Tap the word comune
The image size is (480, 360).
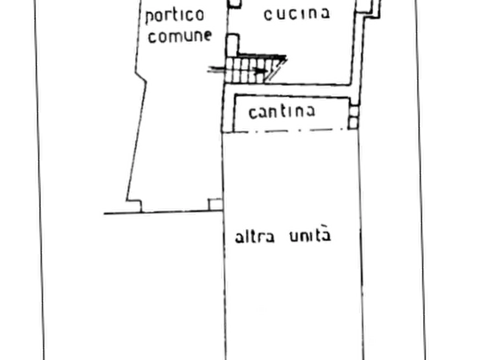pos(180,36)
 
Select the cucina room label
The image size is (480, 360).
pos(297,14)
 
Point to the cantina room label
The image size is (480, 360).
pos(282,112)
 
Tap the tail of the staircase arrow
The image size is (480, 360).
pos(209,69)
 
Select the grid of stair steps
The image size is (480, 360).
pos(245,70)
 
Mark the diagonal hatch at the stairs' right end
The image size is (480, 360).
pos(276,70)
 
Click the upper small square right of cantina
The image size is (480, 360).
pos(354,111)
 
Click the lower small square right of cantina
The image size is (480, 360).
pos(353,123)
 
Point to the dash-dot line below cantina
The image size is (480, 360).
pos(291,131)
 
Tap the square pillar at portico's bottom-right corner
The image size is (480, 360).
pos(215,205)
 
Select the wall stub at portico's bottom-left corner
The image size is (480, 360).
pos(135,206)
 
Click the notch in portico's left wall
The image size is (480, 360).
pos(141,77)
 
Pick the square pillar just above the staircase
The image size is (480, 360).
pos(233,45)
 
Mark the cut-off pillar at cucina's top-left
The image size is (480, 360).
pos(235,4)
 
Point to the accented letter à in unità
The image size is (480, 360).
pos(326,234)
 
